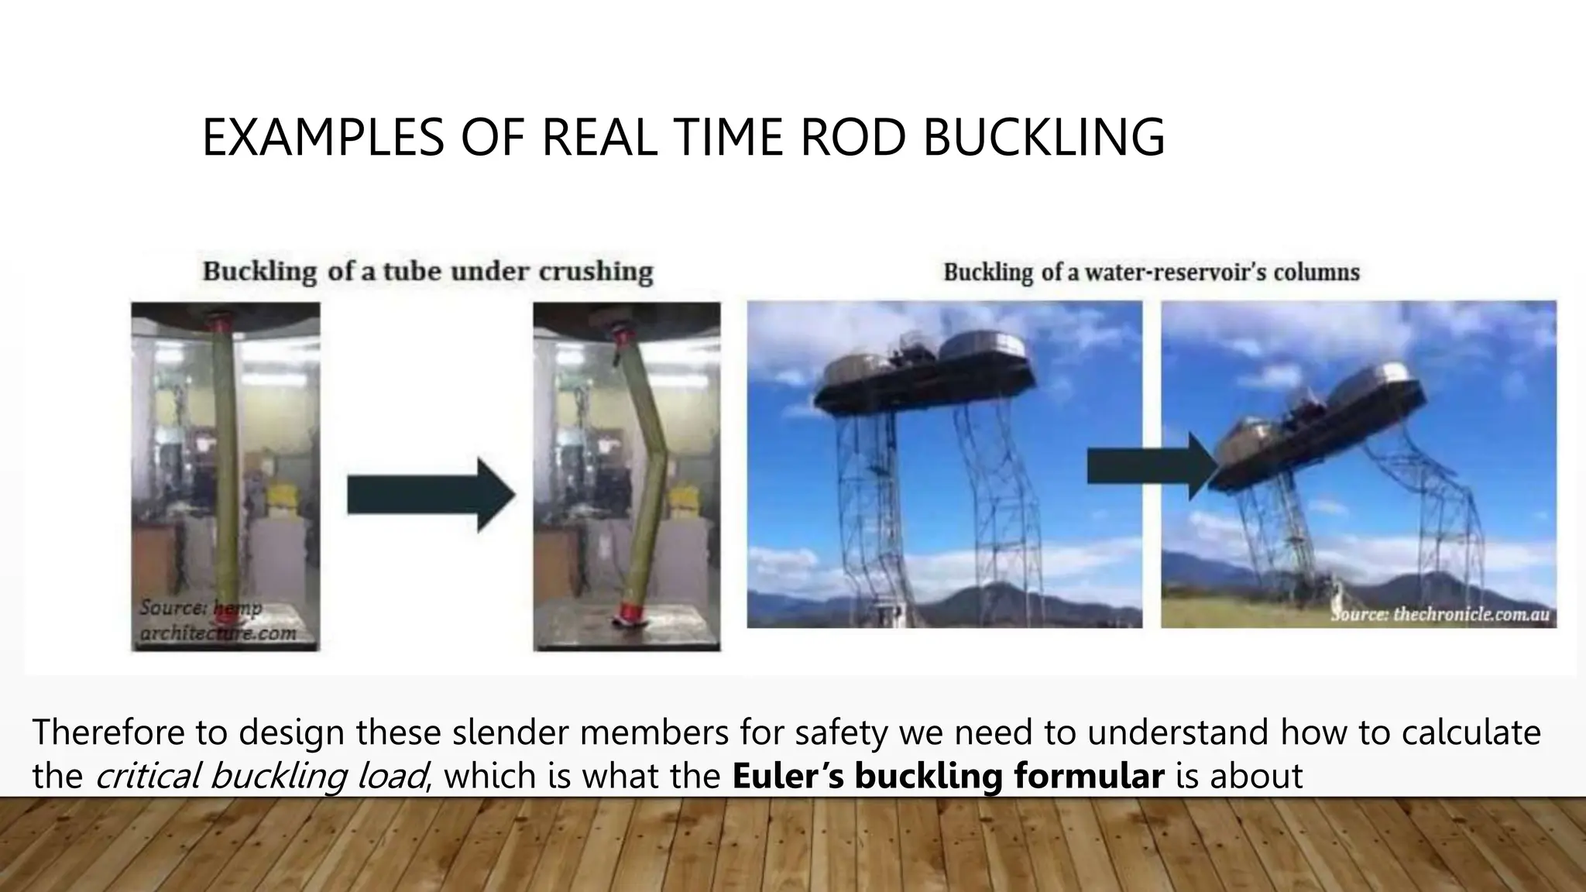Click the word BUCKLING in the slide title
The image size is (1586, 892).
click(x=1044, y=137)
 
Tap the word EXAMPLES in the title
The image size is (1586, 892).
click(x=322, y=137)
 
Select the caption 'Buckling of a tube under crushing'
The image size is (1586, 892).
click(x=427, y=271)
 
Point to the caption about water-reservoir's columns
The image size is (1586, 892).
click(x=1151, y=272)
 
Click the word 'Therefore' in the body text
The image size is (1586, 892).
click(x=108, y=732)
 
